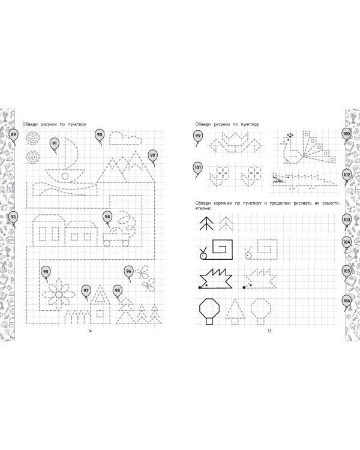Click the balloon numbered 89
point(13,135)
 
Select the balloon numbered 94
point(107,217)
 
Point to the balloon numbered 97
point(86,291)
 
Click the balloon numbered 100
point(347,134)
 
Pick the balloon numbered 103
point(347,220)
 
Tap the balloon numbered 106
point(347,301)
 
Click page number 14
point(90,331)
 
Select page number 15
point(269,331)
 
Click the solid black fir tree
point(206,223)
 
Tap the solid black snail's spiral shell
point(223,248)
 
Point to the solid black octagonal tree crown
point(209,308)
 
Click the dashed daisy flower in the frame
point(59,294)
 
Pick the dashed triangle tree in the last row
point(235,311)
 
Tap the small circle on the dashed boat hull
point(65,176)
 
